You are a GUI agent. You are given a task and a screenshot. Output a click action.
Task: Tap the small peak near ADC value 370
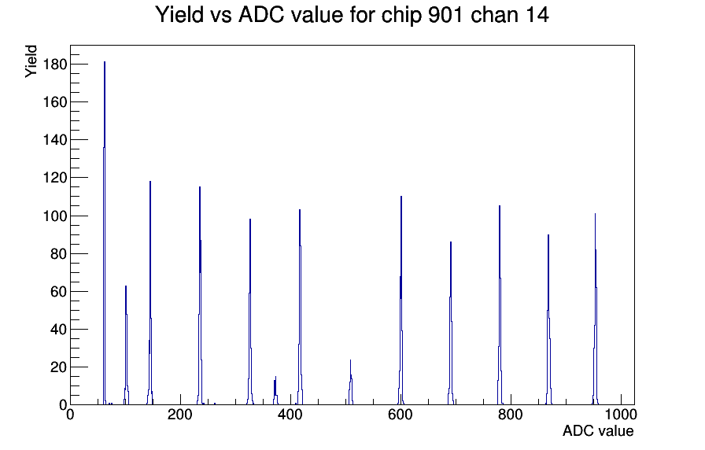[x=275, y=391]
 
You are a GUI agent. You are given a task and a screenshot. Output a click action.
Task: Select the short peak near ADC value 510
[x=351, y=382]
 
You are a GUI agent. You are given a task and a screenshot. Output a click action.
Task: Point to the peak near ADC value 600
[x=401, y=301]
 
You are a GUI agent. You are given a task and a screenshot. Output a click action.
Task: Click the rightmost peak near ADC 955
[x=596, y=310]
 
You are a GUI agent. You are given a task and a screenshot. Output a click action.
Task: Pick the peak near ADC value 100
[x=126, y=345]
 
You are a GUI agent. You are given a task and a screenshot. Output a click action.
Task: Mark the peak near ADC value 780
[x=500, y=306]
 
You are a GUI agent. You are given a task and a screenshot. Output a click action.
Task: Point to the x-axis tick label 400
[x=290, y=415]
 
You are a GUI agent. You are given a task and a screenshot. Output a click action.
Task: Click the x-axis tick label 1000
[x=621, y=415]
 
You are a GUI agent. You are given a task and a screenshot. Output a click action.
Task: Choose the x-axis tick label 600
[x=400, y=415]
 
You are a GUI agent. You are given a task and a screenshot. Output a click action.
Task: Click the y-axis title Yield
[x=31, y=61]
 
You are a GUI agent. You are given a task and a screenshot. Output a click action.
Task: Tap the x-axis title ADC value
[x=598, y=430]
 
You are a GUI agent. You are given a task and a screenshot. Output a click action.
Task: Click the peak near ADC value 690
[x=451, y=323]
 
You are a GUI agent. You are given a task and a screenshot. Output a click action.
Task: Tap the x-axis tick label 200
[x=180, y=415]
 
